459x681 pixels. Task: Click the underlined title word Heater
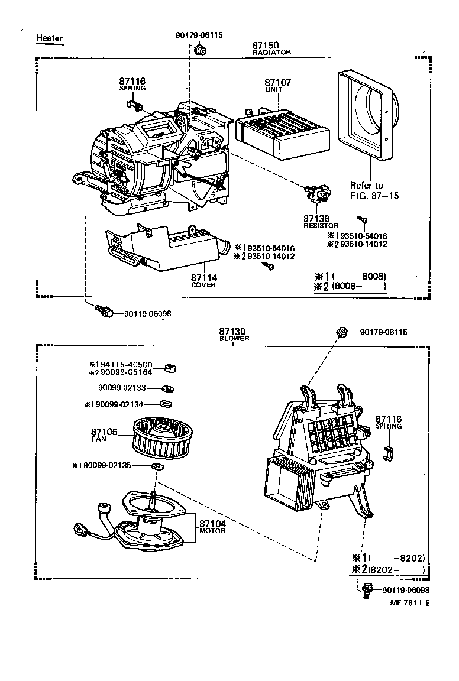49,38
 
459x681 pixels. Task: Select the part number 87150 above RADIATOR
266,45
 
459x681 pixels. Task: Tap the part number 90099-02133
125,388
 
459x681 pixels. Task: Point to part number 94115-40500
124,364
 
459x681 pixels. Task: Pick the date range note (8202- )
395,569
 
